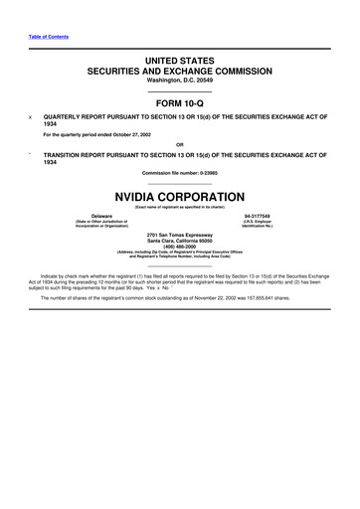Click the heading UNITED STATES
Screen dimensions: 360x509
[179, 62]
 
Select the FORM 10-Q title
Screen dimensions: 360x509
[179, 103]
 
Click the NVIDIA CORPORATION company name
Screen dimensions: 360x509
[179, 197]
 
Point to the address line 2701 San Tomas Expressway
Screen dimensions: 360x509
[179, 235]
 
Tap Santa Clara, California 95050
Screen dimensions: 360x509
[179, 241]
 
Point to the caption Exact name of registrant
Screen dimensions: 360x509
[179, 206]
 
